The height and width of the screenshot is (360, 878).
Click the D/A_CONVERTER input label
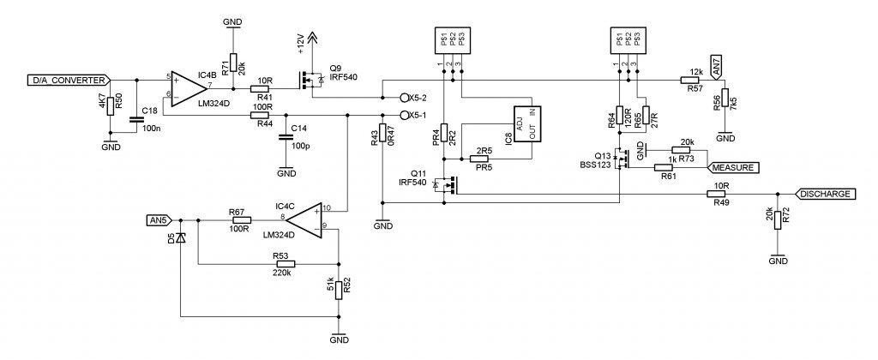[69, 80]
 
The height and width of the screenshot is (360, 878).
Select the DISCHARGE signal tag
[826, 194]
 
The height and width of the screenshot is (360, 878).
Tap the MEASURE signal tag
[735, 167]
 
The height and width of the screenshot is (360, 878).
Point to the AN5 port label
[160, 220]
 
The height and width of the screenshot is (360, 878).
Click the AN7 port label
[715, 68]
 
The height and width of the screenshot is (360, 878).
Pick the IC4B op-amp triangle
[189, 88]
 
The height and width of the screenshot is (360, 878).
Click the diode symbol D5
[180, 237]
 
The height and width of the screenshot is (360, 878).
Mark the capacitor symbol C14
[286, 137]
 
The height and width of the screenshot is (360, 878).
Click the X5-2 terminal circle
[405, 98]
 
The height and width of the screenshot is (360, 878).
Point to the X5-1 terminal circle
[405, 116]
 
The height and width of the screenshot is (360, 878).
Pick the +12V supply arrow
[312, 38]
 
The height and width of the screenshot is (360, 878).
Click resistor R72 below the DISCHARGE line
[777, 220]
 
